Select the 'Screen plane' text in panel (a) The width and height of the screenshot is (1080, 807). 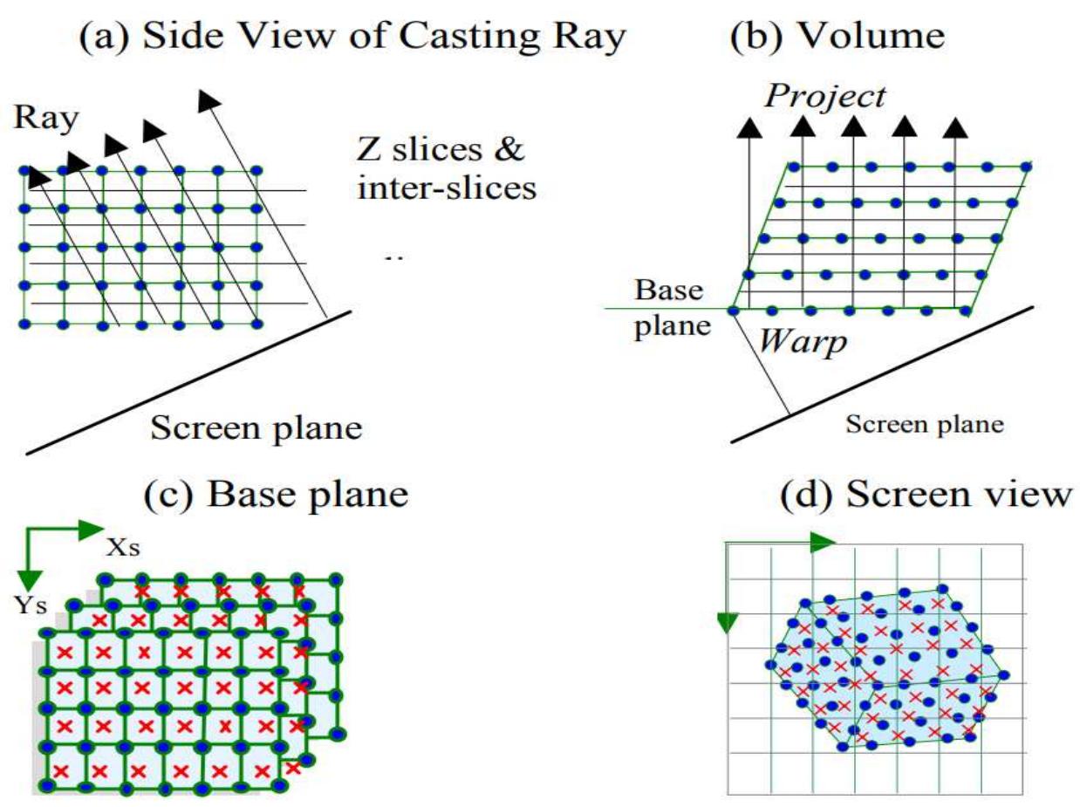[x=256, y=427]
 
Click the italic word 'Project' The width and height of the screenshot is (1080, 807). [x=824, y=96]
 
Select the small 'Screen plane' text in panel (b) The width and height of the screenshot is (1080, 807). [x=926, y=426]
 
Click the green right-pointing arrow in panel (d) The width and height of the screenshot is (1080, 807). [x=822, y=543]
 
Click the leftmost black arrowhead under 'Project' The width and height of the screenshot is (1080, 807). [x=748, y=127]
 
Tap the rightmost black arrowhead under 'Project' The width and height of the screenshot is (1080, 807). [x=956, y=127]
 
